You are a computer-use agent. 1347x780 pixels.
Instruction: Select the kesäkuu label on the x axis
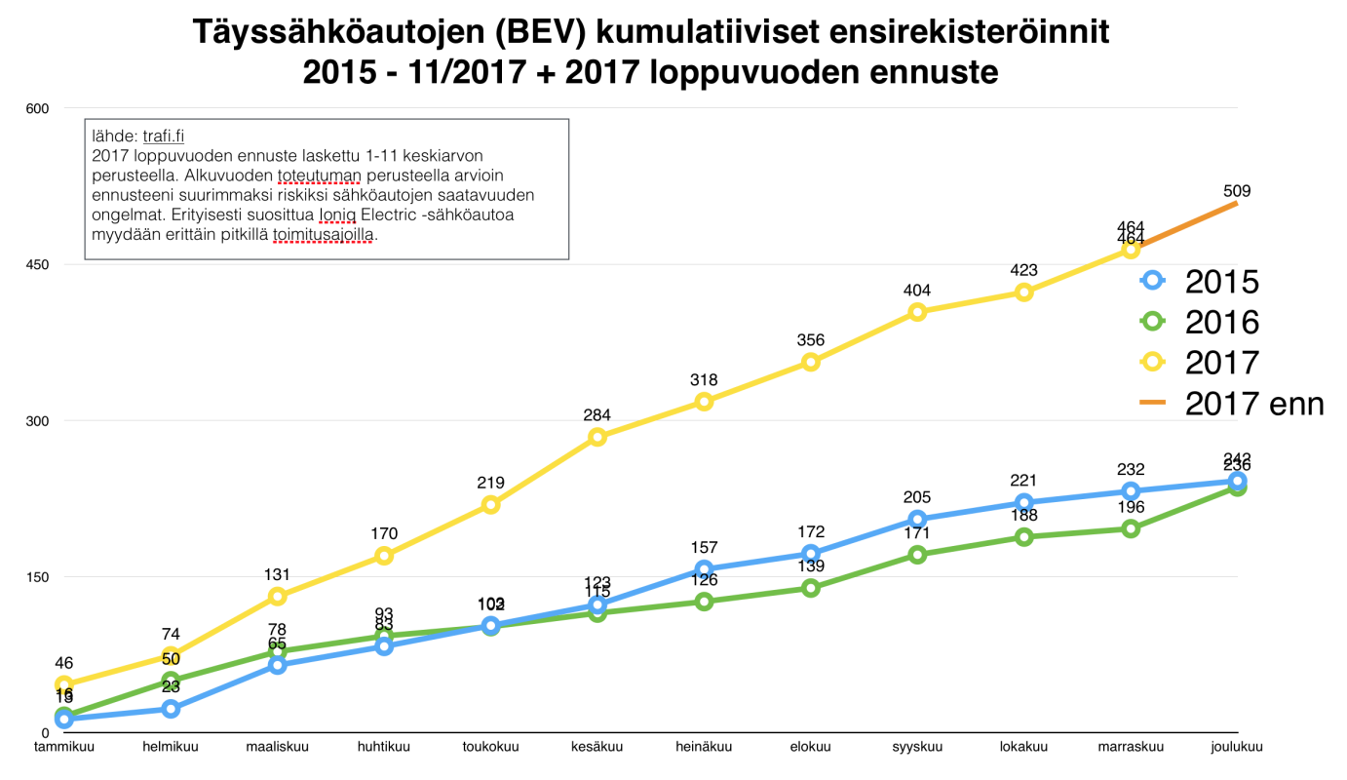pos(597,748)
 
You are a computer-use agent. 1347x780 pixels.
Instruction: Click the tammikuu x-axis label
pos(64,748)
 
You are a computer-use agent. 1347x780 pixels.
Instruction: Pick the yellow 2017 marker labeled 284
pos(597,437)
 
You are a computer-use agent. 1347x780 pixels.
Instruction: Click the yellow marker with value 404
pos(917,312)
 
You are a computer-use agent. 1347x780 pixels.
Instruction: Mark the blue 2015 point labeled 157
pos(704,569)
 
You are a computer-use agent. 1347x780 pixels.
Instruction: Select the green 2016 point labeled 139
pos(810,588)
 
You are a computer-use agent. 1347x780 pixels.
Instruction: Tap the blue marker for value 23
pos(171,709)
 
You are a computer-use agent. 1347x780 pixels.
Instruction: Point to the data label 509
pos(1237,191)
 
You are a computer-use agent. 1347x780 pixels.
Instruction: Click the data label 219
pos(490,482)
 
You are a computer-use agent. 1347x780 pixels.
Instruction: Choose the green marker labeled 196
pos(1131,528)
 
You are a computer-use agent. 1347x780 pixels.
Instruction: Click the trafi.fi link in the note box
pos(164,137)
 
